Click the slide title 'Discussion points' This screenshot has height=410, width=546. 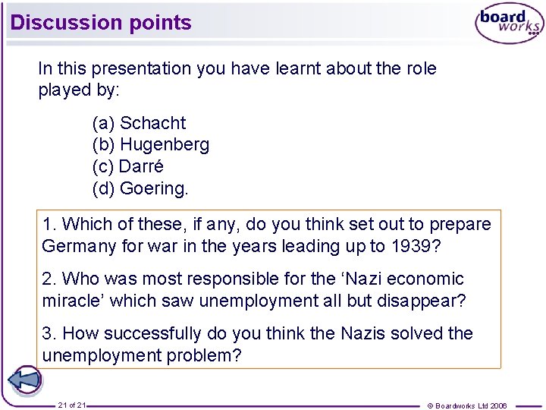coord(101,23)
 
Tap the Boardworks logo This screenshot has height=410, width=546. coord(509,24)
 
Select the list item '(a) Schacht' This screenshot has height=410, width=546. coord(139,123)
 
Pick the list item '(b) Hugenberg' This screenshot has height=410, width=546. coord(151,144)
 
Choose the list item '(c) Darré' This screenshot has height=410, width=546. coord(128,166)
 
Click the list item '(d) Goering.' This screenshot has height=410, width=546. coord(140,188)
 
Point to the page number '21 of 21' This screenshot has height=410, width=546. coord(72,405)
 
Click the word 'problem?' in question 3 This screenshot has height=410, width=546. coord(207,355)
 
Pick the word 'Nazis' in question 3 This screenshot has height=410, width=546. coord(364,333)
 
